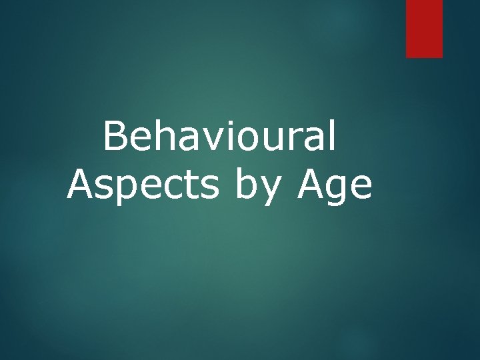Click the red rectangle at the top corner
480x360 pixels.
click(x=424, y=28)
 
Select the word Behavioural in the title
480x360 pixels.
click(x=220, y=137)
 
